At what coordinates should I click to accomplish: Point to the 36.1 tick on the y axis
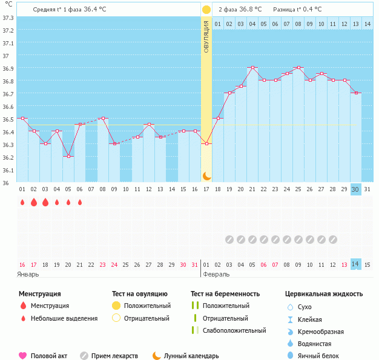pos(8,170)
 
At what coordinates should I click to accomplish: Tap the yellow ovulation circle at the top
pos(206,10)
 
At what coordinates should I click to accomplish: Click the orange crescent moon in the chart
pos(206,175)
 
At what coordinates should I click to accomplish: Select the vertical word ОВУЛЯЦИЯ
pos(206,36)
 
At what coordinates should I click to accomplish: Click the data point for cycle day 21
pos(252,67)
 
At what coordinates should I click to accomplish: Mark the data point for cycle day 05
pos(68,156)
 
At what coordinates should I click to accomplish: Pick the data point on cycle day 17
pos(206,143)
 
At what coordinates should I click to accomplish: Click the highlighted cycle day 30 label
pos(355,189)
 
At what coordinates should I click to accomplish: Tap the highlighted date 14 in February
pos(355,264)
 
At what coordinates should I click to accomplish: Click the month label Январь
pos(28,274)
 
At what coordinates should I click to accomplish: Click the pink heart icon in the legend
pos(24,356)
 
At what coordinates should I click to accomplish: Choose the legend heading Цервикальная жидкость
pos(324,294)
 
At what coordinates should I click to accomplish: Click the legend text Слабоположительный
pos(234,330)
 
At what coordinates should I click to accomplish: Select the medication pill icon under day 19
pos(229,239)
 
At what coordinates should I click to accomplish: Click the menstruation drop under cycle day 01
pos(22,202)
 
